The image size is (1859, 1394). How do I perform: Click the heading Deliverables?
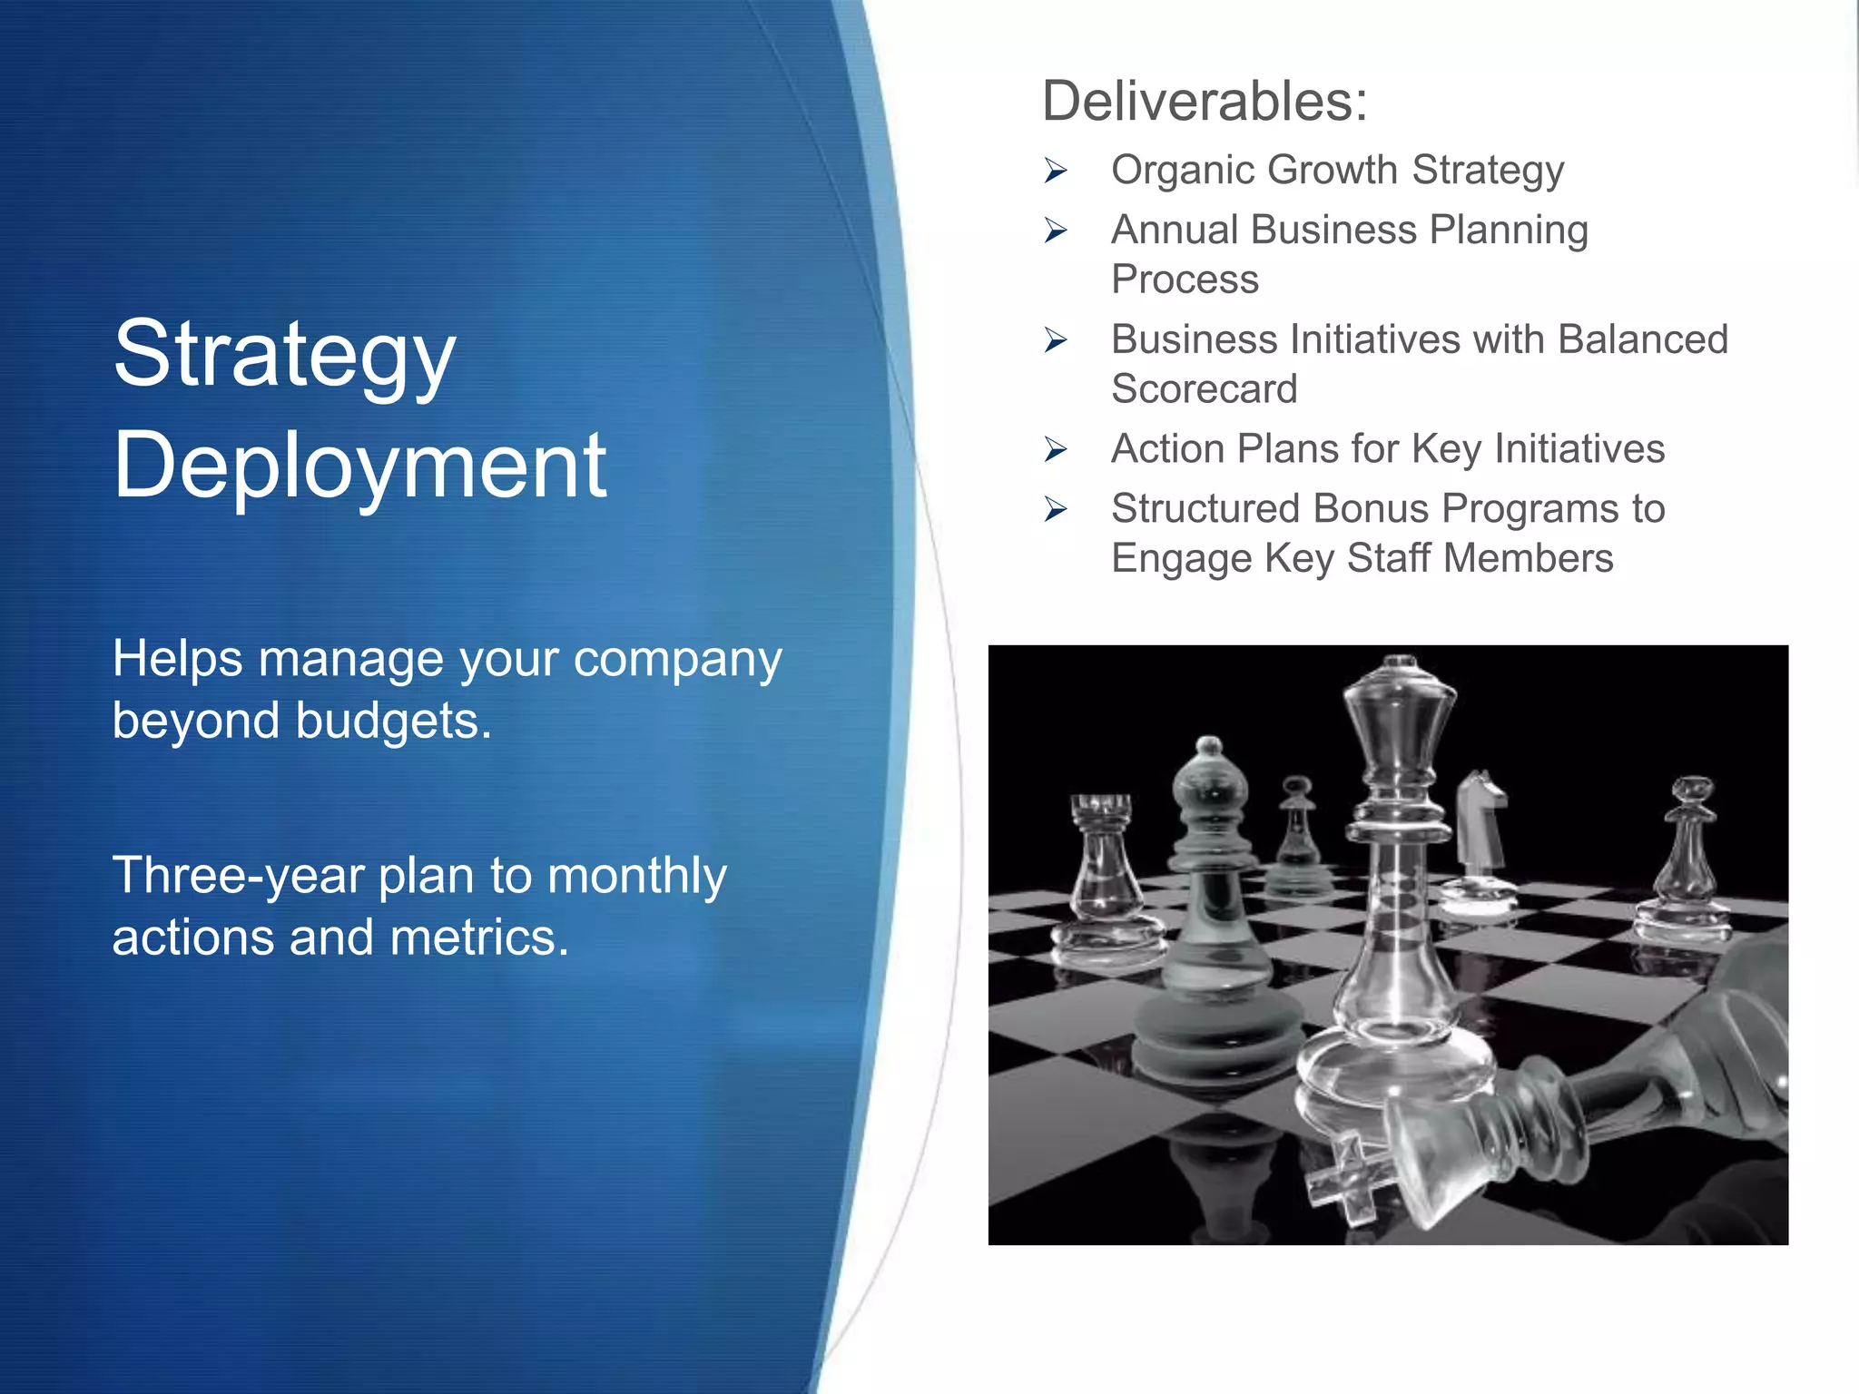tap(1204, 101)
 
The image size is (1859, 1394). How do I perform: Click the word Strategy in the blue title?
tap(284, 356)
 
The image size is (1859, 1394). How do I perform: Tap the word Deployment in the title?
tap(359, 466)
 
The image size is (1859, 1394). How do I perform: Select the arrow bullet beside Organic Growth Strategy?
tap(1056, 171)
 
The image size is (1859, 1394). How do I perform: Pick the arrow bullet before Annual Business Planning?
tap(1056, 231)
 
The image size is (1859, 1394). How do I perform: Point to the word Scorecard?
tap(1205, 389)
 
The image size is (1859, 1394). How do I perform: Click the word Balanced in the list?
tap(1643, 340)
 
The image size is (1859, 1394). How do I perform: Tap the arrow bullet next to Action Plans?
tap(1056, 449)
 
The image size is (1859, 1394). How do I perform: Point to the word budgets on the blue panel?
tap(392, 722)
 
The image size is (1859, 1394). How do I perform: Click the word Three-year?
tap(237, 877)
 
